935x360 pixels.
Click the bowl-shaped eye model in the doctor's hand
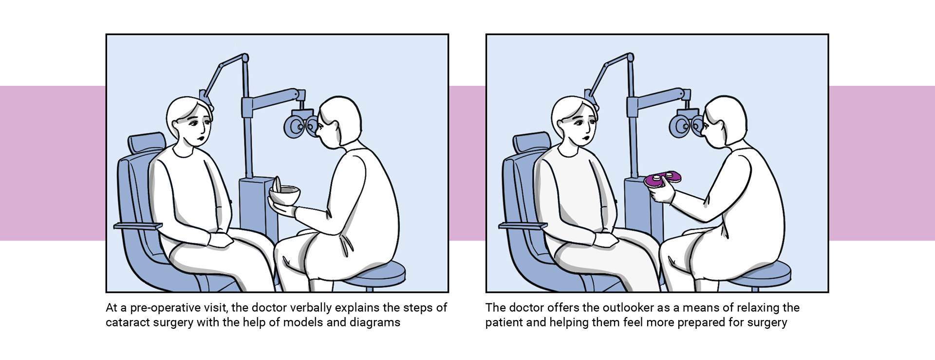(x=284, y=195)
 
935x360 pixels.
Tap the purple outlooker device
(x=663, y=178)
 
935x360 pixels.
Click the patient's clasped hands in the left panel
(x=222, y=240)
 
